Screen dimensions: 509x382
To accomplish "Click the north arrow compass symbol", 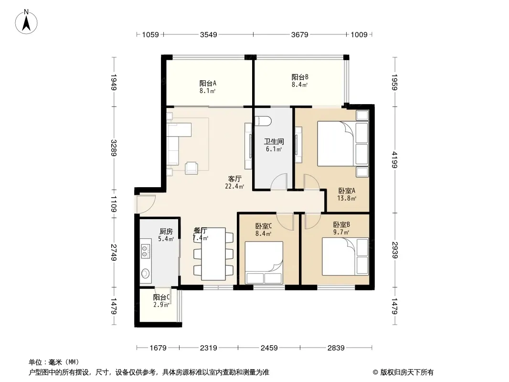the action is [x=26, y=22].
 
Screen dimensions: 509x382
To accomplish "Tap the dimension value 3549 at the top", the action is [x=208, y=35].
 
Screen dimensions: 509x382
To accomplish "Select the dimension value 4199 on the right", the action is [x=394, y=159].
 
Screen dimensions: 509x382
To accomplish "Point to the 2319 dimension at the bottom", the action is [x=208, y=348].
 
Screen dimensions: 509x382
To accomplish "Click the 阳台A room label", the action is [x=208, y=84].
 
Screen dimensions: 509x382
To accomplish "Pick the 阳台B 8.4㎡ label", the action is [x=299, y=81].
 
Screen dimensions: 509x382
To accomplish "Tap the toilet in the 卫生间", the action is [x=263, y=121].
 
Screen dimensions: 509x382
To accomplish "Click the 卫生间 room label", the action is [x=274, y=141].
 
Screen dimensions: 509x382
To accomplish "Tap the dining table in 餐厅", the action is [x=213, y=254].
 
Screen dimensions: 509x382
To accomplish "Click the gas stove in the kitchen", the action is [x=145, y=249].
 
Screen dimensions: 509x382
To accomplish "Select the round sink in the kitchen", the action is [x=145, y=274].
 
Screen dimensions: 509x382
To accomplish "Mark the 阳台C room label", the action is [x=161, y=297].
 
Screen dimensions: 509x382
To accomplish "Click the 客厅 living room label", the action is [x=234, y=179].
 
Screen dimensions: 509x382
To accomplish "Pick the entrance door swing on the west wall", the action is [x=146, y=204].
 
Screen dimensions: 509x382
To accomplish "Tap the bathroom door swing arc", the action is [x=279, y=181].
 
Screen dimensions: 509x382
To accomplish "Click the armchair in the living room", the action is [x=191, y=168].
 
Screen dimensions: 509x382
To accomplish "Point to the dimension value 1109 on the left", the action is [x=113, y=204].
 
